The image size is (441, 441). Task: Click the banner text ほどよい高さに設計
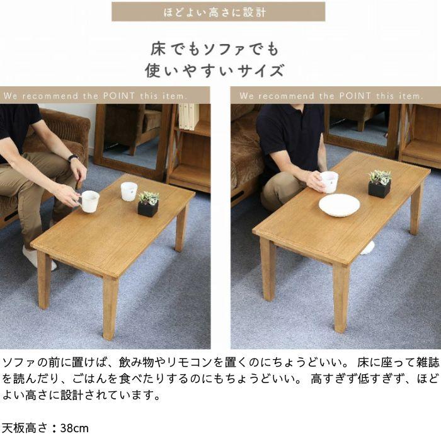(219, 11)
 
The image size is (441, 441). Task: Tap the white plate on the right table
(339, 204)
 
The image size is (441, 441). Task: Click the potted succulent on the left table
(148, 204)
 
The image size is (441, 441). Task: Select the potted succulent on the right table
(379, 183)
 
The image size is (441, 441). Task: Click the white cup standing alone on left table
(129, 191)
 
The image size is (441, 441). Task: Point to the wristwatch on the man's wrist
(73, 158)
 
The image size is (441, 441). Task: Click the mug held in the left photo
(89, 201)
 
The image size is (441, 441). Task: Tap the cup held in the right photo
(329, 181)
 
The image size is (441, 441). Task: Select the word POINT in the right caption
(357, 96)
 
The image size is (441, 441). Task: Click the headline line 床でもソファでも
(214, 49)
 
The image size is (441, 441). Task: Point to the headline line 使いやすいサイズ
(214, 70)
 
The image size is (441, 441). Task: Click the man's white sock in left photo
(33, 258)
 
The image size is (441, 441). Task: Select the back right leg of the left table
(181, 227)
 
